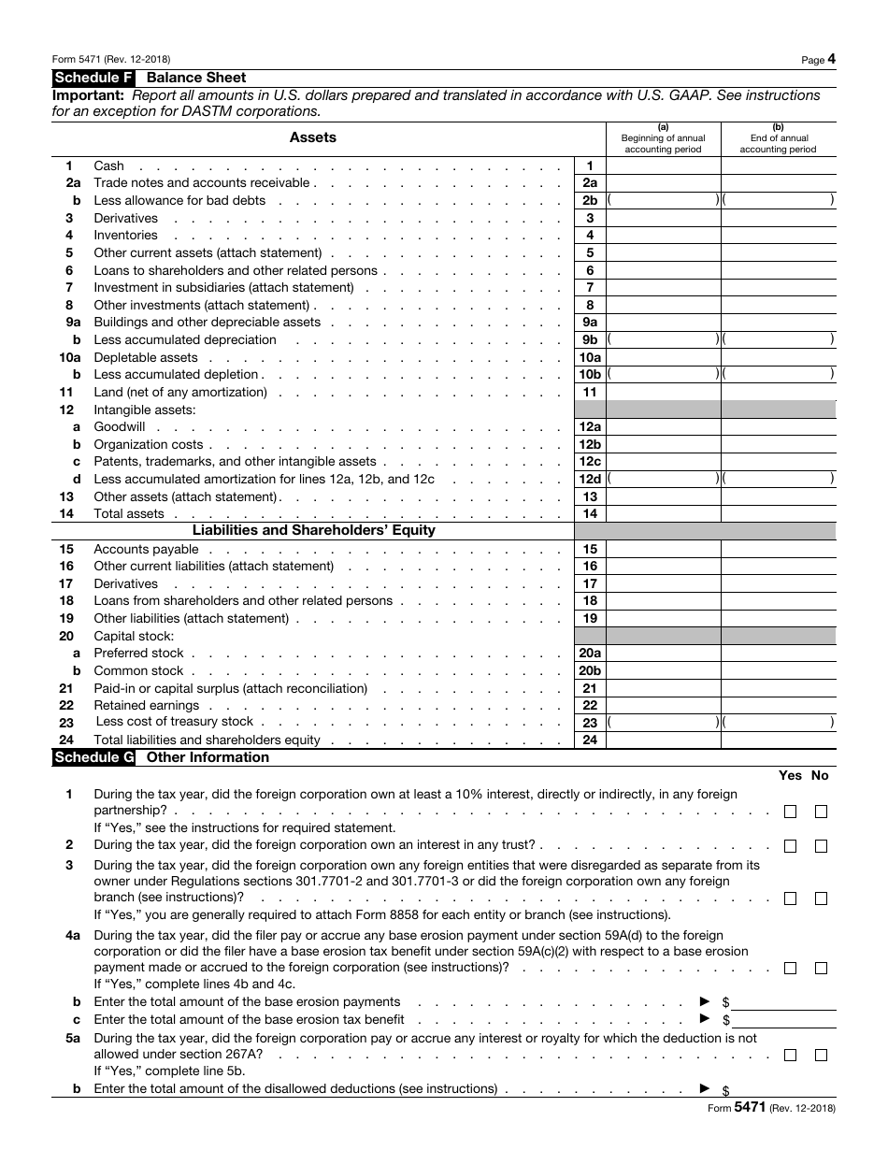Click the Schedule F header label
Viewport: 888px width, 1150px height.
point(93,78)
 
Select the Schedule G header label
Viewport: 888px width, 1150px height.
point(94,757)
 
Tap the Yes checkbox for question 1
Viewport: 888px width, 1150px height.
point(790,812)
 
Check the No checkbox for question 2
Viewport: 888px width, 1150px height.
point(821,846)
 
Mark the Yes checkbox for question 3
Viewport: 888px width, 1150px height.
point(790,898)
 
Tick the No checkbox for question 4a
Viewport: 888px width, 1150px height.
point(821,969)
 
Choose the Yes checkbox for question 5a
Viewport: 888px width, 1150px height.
point(790,1055)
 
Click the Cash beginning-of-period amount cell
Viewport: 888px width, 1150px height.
point(663,166)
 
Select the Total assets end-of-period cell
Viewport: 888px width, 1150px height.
point(778,513)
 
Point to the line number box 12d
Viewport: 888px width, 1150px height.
point(590,479)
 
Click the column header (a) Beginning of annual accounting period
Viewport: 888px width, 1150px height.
point(663,138)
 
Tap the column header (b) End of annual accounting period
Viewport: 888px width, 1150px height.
point(778,138)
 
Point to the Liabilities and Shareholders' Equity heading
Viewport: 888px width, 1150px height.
point(313,530)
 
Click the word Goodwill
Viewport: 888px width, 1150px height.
point(120,427)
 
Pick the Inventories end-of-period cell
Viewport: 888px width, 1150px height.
point(778,236)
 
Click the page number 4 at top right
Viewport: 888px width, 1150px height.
point(831,59)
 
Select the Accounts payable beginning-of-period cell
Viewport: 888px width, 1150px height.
point(663,550)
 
